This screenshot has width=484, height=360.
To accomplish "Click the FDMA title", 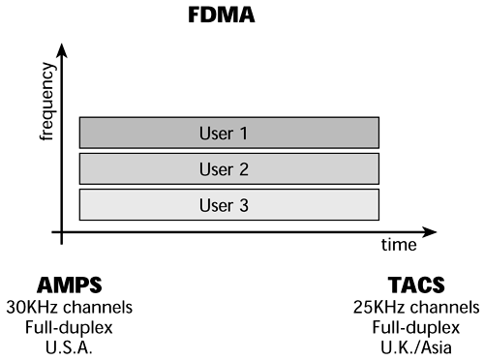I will point(241,16).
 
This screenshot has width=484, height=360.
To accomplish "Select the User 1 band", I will point(228,131).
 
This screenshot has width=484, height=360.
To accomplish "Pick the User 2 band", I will point(228,167).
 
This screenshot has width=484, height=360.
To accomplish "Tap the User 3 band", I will point(228,203).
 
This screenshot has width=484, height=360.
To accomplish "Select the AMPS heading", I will point(68,285).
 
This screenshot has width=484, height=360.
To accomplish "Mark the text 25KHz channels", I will point(416,308).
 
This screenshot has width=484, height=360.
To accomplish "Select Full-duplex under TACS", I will point(416,327).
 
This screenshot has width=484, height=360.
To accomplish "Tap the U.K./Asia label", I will point(416,346).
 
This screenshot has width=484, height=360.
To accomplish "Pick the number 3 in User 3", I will point(246,203).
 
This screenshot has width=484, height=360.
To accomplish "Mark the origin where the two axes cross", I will point(62,231).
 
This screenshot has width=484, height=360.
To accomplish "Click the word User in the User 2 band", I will point(219,167).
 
